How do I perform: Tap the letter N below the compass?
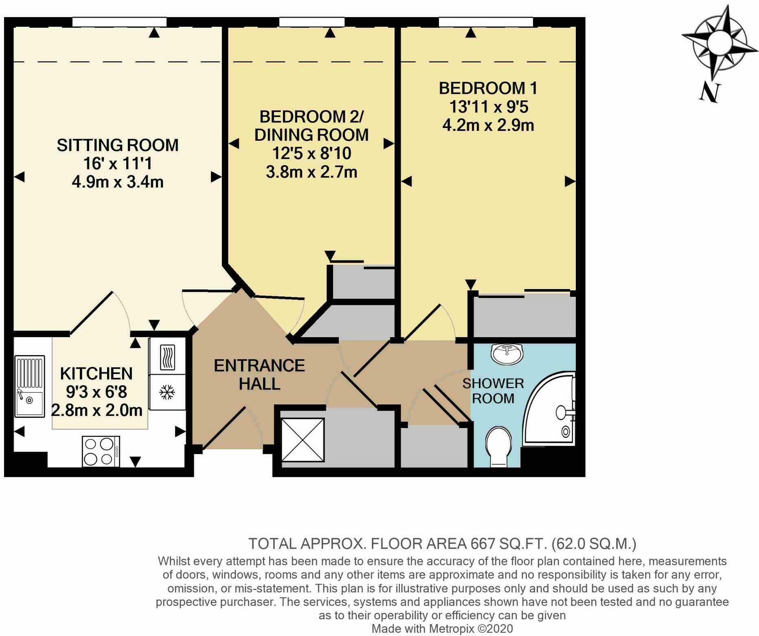(710, 92)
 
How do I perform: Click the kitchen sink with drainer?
(29, 386)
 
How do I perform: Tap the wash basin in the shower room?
(507, 353)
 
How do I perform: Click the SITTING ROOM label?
(117, 146)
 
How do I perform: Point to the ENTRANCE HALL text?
(259, 374)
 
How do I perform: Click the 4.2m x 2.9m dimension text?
(488, 125)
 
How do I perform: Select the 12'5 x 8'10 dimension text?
(311, 153)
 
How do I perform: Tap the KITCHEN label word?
(96, 373)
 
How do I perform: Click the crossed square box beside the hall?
(303, 439)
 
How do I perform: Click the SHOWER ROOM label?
(493, 391)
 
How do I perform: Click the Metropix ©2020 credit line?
(442, 629)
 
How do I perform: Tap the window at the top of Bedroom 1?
(486, 22)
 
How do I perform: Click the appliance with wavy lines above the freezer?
(167, 357)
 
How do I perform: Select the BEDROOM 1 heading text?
(488, 88)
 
